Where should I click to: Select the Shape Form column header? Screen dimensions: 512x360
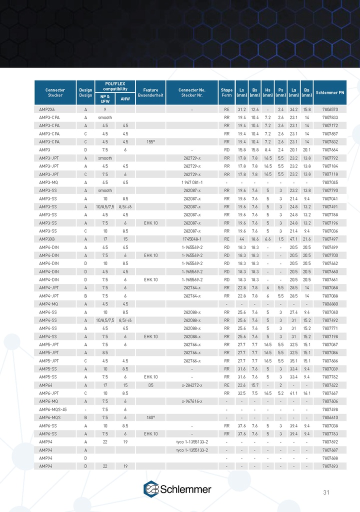[226, 92]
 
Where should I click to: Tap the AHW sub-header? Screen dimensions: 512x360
[125, 98]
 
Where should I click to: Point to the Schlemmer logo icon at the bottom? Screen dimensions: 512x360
[151, 489]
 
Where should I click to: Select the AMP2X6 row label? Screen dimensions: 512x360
[47, 109]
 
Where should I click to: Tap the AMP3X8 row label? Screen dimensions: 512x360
[47, 239]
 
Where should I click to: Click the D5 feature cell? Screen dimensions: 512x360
[150, 385]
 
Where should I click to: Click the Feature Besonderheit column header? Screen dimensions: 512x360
[150, 92]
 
